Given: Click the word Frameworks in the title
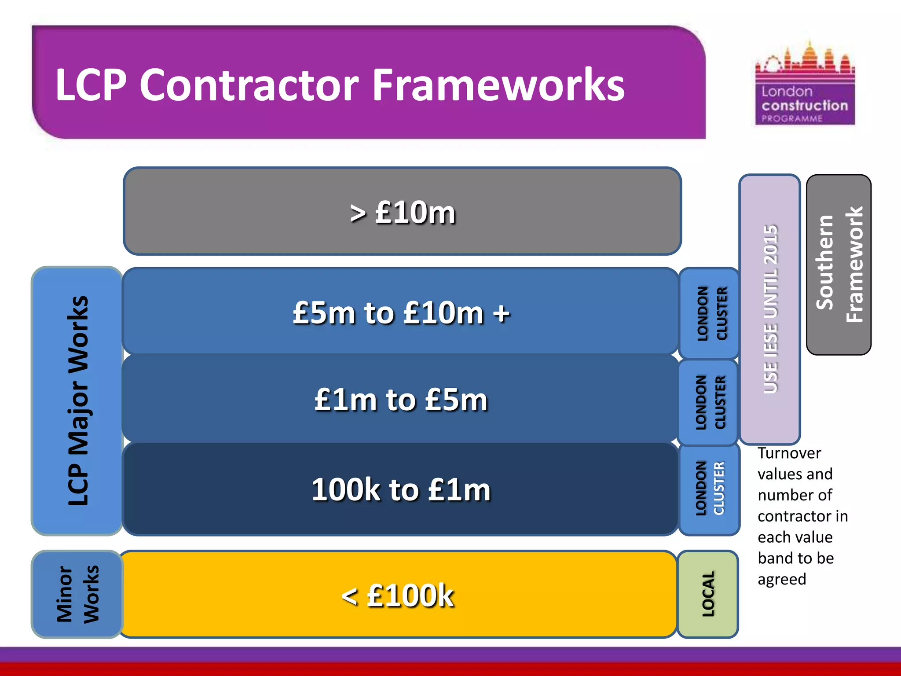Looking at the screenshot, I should click(498, 85).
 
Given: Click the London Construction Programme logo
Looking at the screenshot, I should click(805, 84).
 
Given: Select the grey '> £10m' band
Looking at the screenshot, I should click(402, 211).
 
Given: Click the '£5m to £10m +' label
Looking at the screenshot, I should click(401, 313).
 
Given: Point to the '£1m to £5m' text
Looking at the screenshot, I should click(401, 400).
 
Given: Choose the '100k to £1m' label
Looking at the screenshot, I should click(401, 489).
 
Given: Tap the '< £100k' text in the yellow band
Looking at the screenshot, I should click(398, 595).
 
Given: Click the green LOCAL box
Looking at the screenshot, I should click(708, 594).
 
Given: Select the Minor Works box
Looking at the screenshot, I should click(77, 594).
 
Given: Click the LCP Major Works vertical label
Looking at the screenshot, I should click(78, 400).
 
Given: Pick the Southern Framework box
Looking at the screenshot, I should click(839, 265).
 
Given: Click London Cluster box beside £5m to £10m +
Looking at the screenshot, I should click(709, 313).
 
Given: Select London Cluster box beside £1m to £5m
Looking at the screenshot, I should click(708, 402).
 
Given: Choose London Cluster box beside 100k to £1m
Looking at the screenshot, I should click(709, 489).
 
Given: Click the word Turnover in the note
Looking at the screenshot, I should click(789, 453).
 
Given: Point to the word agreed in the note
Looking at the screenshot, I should click(782, 580).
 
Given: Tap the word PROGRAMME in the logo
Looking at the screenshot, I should click(792, 118).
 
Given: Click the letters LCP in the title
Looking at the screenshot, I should click(91, 85).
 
